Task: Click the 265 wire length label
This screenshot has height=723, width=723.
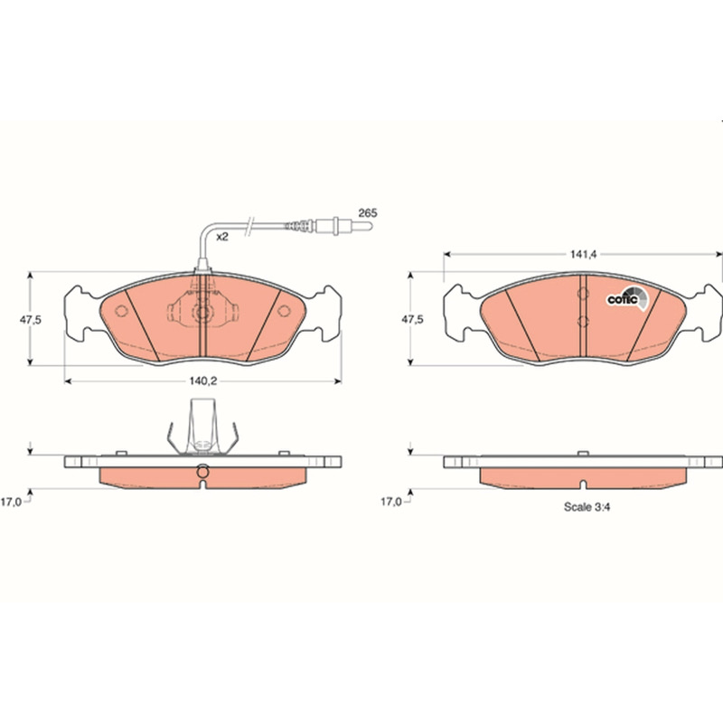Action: pos(368,213)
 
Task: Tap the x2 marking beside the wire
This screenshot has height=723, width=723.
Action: pos(222,237)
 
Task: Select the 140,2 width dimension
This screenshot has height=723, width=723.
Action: pos(202,380)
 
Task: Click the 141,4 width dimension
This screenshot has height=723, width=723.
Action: pos(583,254)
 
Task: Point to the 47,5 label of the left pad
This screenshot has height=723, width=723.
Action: pos(31,319)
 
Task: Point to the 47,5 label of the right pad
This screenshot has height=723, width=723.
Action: pos(412,319)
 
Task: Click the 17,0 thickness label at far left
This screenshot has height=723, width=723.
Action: pos(11,502)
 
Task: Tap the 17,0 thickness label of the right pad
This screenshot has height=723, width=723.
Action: pos(391,502)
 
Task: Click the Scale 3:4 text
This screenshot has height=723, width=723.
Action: pos(587,507)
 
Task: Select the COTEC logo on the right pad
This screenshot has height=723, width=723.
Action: pos(627,298)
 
